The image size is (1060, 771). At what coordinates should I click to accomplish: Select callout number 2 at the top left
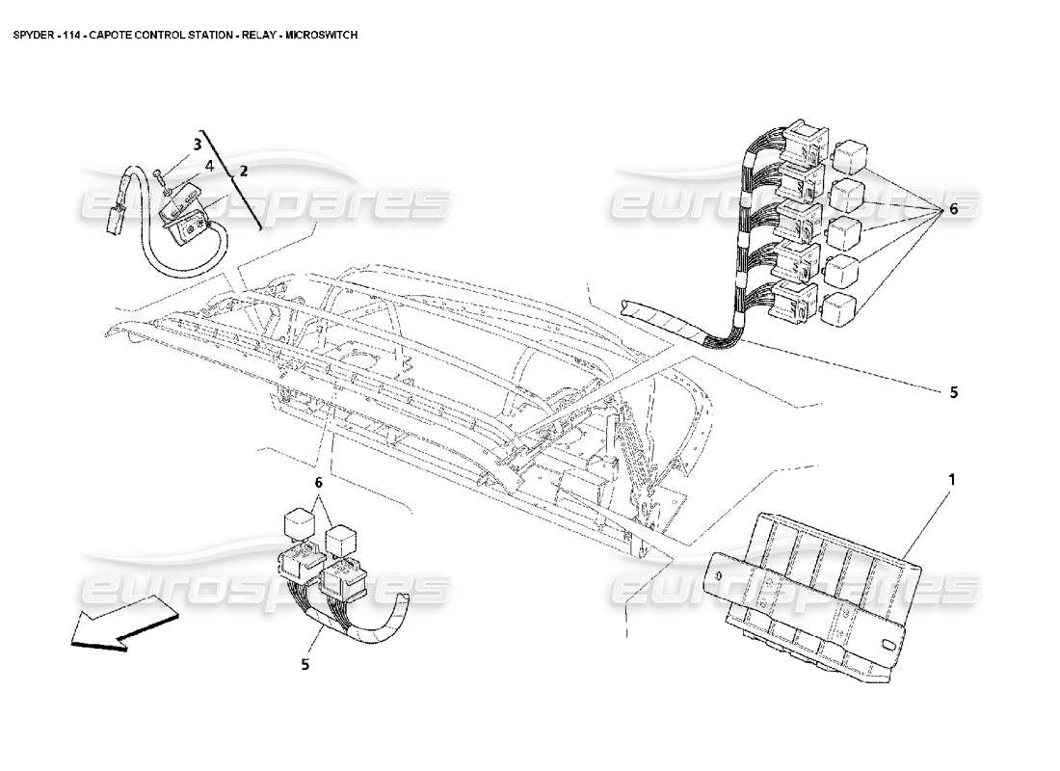point(244,172)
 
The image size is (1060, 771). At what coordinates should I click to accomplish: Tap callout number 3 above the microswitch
point(196,145)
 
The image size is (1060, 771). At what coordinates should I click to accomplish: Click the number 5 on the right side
point(953,392)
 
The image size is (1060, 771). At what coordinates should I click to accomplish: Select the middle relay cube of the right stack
point(844,232)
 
